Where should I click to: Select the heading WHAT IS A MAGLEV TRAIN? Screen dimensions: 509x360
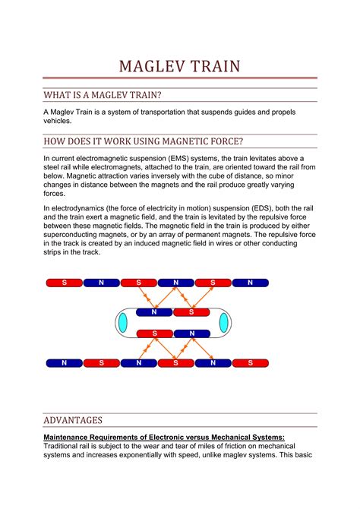[102, 95]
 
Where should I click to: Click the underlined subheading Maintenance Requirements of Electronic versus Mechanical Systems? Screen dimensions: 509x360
[164, 437]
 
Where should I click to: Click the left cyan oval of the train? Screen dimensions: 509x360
[122, 323]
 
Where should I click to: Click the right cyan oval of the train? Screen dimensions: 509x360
[223, 323]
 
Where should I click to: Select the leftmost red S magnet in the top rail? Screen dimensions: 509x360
[65, 283]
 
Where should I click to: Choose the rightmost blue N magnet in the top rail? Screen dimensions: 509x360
[250, 283]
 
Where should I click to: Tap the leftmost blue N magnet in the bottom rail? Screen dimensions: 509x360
[65, 363]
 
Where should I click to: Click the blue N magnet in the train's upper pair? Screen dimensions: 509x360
[154, 312]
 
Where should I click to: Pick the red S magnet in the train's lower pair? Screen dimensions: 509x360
[154, 334]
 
